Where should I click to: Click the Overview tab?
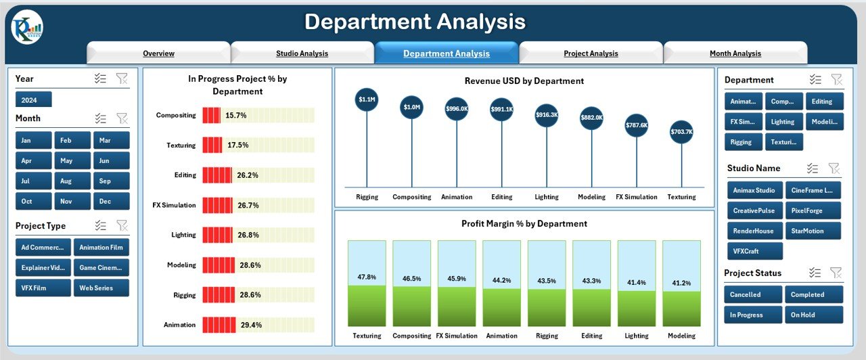coord(158,53)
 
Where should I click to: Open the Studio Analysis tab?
coord(302,53)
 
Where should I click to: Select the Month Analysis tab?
coord(735,53)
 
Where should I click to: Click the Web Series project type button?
coord(101,288)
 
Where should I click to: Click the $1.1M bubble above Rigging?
coord(367,99)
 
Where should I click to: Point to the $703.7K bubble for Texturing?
coord(681,132)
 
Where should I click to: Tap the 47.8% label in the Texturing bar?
coord(367,277)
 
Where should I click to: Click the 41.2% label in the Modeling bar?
coord(681,282)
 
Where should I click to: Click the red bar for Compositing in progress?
coord(211,116)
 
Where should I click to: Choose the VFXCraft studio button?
coord(754,251)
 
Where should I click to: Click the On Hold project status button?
coord(814,315)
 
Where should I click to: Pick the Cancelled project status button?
coord(754,294)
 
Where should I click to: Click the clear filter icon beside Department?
coord(836,80)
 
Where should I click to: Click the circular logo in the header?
coord(26,28)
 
